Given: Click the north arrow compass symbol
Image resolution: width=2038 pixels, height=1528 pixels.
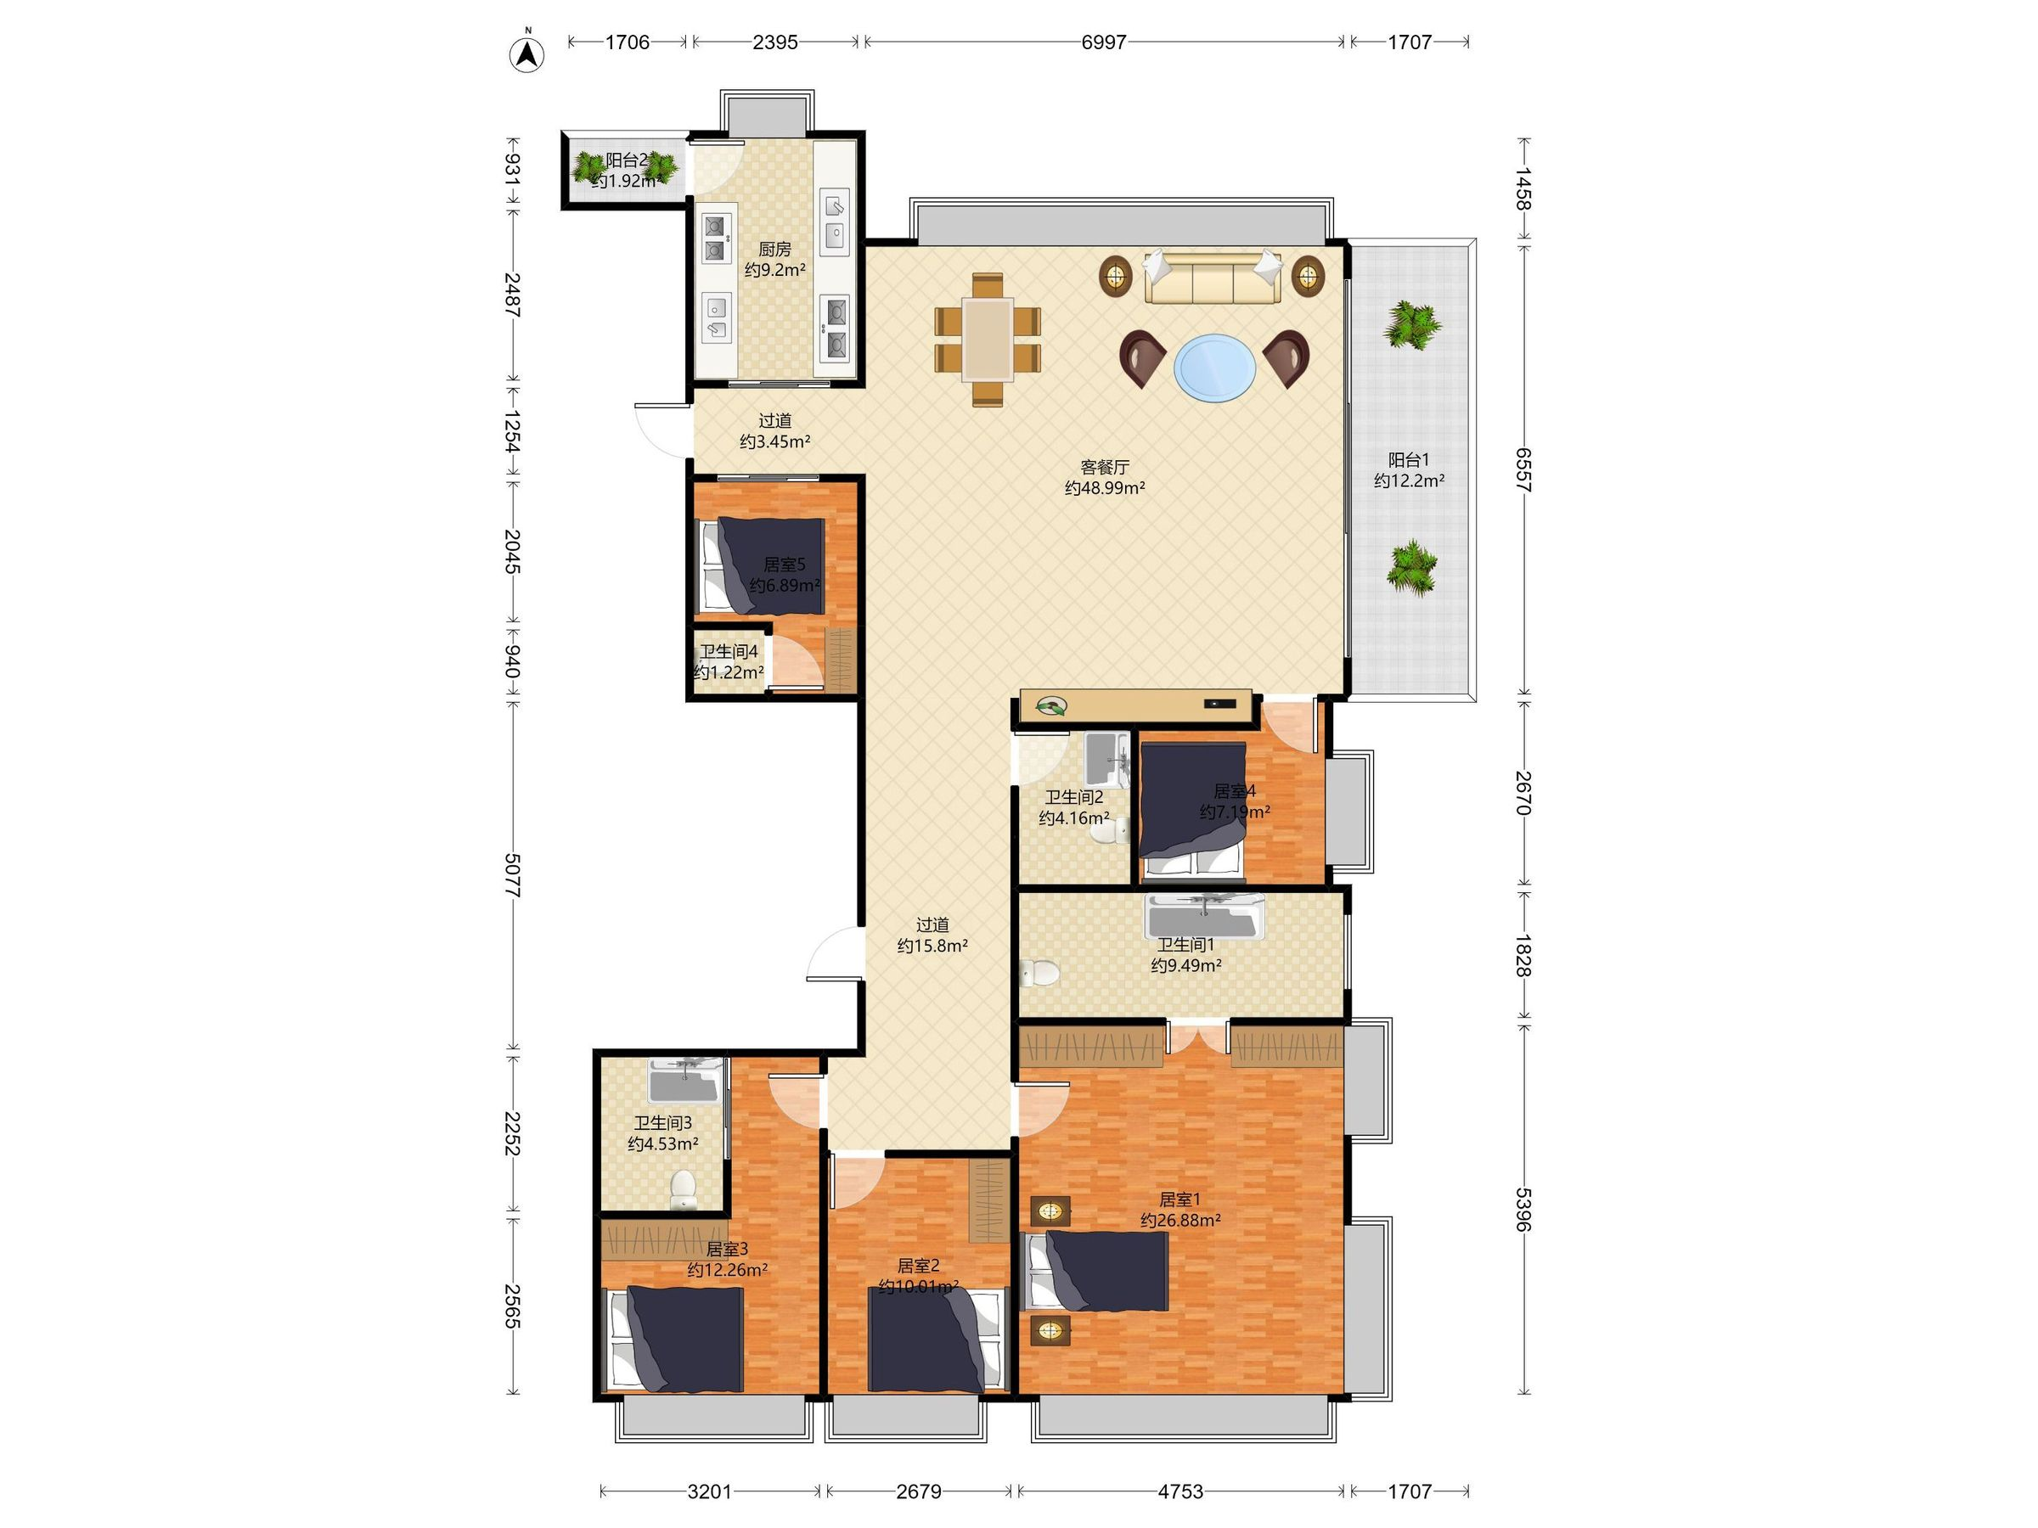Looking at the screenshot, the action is point(526,53).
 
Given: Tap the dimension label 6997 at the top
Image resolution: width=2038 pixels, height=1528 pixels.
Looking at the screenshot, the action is point(1103,42).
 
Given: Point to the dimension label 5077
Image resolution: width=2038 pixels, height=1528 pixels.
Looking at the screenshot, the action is point(513,876).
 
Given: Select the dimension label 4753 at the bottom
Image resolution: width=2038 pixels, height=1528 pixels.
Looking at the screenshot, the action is point(1180,1491).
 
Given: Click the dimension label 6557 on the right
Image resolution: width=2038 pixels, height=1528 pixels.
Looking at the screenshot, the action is point(1523,470).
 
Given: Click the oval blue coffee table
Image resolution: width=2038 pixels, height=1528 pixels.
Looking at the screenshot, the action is point(1214,368).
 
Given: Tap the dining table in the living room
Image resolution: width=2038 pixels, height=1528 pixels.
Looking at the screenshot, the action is point(988,339).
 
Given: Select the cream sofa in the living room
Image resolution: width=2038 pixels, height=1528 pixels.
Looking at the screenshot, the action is point(1213,276).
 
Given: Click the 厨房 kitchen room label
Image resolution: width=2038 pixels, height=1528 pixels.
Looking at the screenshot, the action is point(774,249).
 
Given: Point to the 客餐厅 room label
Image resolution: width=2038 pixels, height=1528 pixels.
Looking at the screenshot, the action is point(1105,467).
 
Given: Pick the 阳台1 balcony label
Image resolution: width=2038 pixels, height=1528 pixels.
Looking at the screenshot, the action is point(1409,459).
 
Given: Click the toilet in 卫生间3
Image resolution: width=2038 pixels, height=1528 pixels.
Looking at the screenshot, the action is point(683,1189).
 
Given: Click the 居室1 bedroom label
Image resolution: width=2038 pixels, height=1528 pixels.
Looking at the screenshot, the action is point(1180,1199).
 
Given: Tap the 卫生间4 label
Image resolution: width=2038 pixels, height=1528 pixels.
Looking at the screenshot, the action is point(729,651).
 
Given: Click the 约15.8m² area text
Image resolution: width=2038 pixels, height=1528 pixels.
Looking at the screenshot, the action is point(932,945).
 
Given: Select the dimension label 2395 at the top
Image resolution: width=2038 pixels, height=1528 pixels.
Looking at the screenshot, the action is point(774,42).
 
